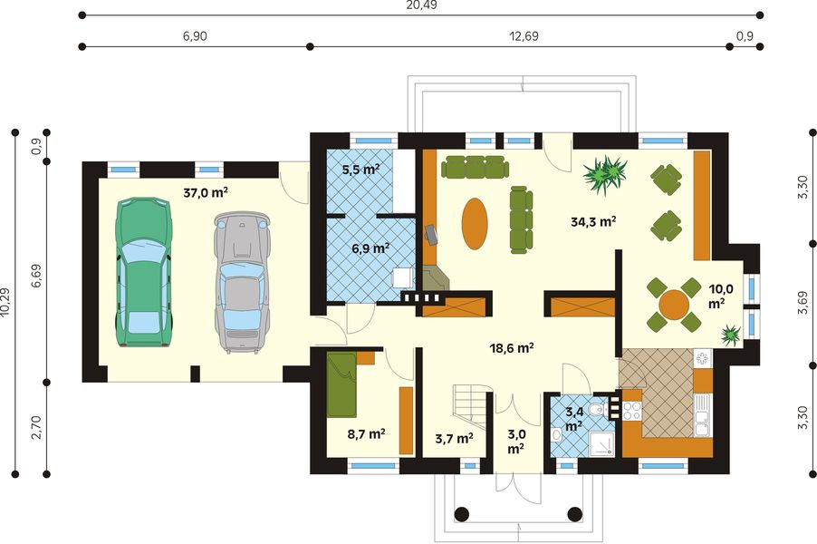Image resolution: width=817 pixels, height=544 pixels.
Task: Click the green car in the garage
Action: coord(143,272)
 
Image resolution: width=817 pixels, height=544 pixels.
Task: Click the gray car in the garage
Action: coord(242,282)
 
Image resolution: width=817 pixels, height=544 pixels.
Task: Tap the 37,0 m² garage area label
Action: coord(206,192)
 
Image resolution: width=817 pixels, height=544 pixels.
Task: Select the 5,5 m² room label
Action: coord(360,169)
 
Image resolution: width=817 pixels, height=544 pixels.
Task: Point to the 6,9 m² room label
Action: coord(370,248)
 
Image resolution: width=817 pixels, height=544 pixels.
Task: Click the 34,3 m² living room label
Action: coord(593,221)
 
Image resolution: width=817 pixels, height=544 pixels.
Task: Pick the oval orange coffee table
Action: coord(475,223)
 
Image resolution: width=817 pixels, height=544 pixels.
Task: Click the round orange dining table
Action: coord(674,305)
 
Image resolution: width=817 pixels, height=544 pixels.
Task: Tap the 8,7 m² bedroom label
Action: coord(366,433)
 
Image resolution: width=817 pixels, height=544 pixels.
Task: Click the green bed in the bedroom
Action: coord(341,384)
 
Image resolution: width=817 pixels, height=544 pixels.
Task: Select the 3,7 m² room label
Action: coord(454,438)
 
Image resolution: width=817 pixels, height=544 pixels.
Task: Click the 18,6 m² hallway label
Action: coord(512,348)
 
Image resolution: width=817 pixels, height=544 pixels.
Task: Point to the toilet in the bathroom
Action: coord(599,410)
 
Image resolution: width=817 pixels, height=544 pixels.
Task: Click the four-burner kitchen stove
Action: coord(632,411)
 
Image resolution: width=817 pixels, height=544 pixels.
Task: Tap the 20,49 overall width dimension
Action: coord(421,5)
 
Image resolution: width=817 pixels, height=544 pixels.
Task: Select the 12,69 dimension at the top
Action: coord(524,36)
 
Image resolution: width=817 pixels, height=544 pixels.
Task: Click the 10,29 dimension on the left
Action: coord(5,303)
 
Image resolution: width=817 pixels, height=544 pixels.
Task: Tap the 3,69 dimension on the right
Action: coord(803,303)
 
